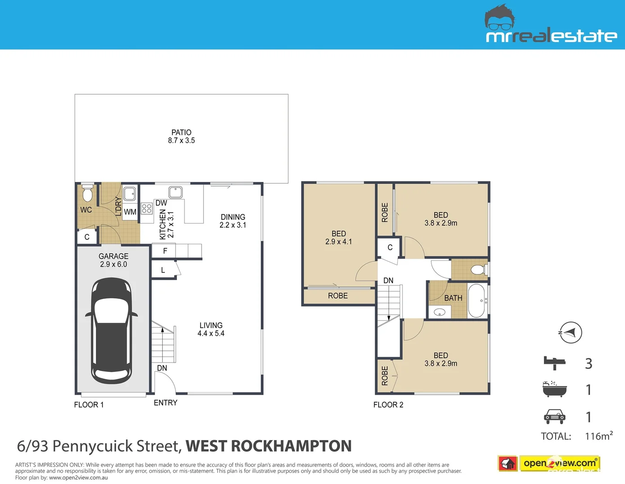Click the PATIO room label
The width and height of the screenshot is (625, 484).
[181, 136]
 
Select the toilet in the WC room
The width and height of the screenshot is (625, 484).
[87, 194]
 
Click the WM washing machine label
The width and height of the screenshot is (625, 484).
[130, 212]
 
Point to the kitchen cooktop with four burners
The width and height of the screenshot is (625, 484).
[147, 208]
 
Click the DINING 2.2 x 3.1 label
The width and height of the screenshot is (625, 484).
[233, 221]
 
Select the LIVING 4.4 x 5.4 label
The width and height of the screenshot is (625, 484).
[211, 329]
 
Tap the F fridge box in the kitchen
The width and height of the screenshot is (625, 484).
[165, 251]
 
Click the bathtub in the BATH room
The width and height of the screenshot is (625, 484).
[477, 300]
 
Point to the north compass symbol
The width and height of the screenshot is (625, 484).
[570, 333]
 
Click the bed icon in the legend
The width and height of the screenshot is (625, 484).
[555, 363]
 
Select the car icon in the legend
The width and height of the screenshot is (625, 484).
[555, 417]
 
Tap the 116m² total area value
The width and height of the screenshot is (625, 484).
[599, 436]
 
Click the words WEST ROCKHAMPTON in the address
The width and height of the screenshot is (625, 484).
[268, 446]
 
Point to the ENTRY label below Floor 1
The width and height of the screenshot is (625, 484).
[165, 403]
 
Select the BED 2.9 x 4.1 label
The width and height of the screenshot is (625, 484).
[339, 238]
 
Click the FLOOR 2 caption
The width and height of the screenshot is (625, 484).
[388, 405]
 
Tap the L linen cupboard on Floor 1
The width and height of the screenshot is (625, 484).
[163, 270]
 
